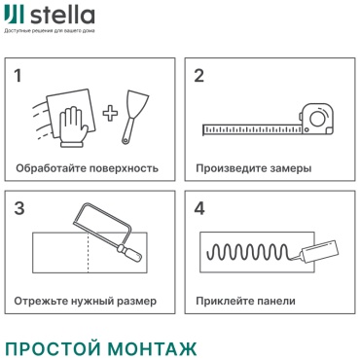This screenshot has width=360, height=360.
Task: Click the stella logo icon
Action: click(x=14, y=16)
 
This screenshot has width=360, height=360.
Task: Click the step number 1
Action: click(x=18, y=75)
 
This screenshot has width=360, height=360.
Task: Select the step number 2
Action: click(x=198, y=75)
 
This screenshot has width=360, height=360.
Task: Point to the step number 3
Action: click(x=19, y=208)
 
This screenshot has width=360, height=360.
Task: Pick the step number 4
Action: click(x=199, y=208)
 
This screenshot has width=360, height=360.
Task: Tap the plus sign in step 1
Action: click(x=110, y=113)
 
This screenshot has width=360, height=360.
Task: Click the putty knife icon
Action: click(x=134, y=118)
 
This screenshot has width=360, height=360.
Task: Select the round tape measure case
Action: click(x=316, y=119)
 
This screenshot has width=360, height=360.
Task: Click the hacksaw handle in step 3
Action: click(x=130, y=254)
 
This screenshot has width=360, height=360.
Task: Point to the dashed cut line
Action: click(x=89, y=252)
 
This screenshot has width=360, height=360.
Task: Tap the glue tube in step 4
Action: click(x=319, y=251)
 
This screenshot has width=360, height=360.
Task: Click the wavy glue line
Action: click(x=248, y=252)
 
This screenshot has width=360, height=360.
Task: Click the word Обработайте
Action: click(x=51, y=168)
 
